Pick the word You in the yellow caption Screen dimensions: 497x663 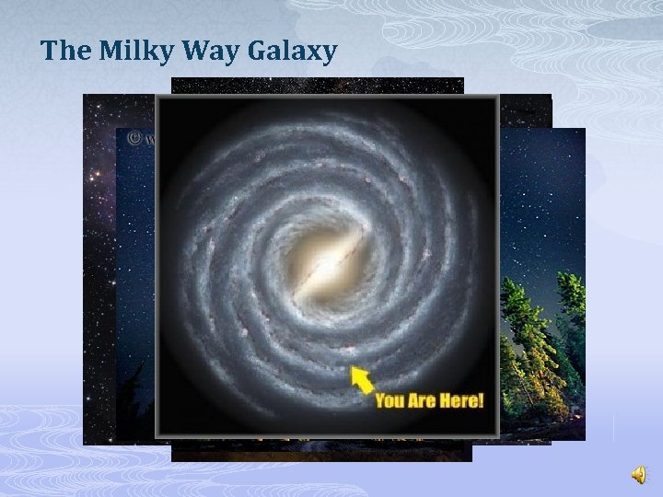pos(390,402)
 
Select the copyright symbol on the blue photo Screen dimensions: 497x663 pos(134,139)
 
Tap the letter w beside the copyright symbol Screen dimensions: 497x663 pos(148,141)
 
